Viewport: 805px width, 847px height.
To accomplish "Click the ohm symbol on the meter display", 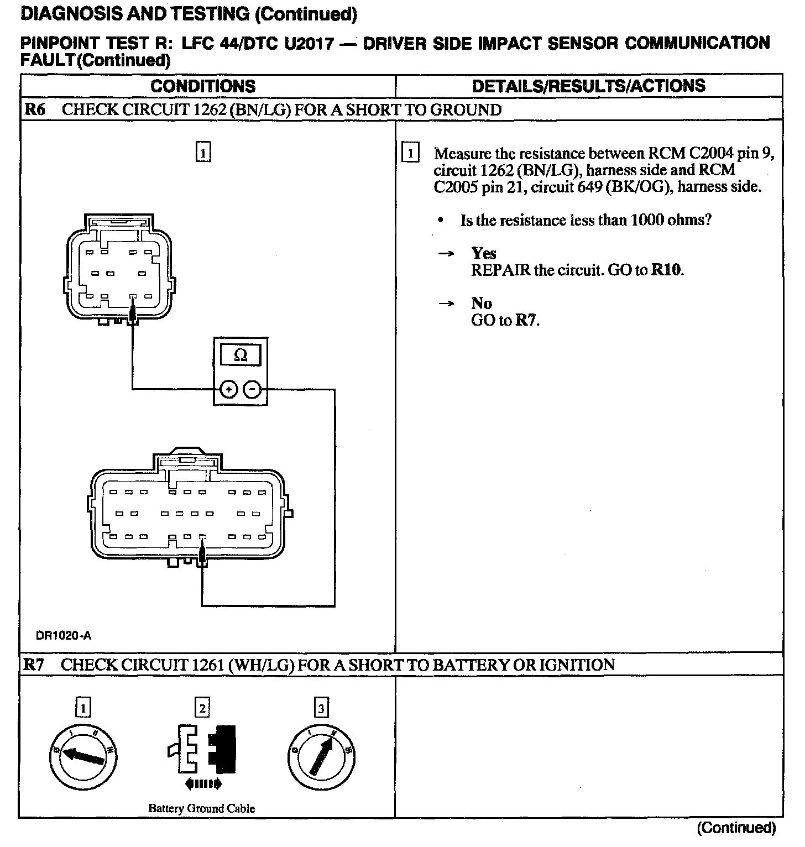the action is coord(241,356).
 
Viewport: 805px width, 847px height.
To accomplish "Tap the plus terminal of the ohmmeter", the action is coord(228,389).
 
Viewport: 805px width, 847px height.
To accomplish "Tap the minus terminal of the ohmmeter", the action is coord(253,389).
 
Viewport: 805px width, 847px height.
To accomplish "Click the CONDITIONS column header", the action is coord(203,86).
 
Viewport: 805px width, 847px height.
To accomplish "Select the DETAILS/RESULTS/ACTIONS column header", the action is coord(589,86).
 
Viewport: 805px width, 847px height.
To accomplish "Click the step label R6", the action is coord(34,109).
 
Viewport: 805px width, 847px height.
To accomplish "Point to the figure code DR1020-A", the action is coord(64,636).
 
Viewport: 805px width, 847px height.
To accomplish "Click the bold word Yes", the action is coord(484,253).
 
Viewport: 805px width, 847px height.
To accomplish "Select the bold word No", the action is coord(482,303).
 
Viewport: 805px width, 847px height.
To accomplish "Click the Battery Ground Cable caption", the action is coord(201,808).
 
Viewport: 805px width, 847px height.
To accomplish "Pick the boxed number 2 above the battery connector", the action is coord(202,708).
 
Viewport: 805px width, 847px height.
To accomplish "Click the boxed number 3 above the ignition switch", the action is coord(321,708).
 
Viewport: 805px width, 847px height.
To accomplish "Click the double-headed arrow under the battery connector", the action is coord(203,783).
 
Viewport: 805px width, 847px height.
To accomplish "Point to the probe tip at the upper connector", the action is coord(133,315).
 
